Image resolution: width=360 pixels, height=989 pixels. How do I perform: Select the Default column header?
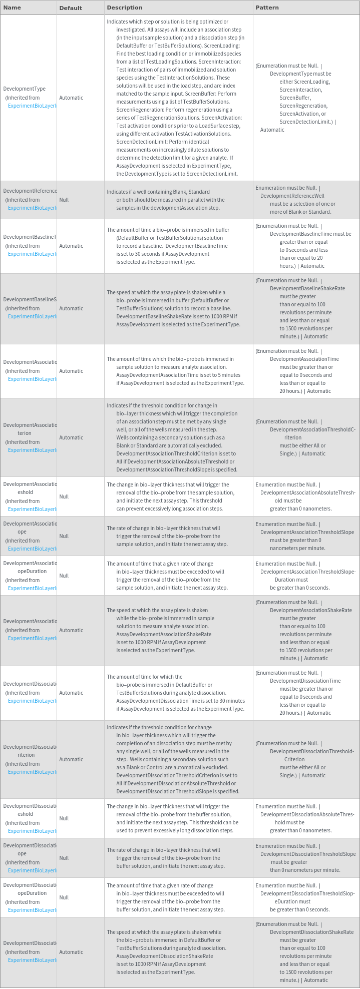pos(71,8)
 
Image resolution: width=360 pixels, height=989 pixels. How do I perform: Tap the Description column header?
pos(124,8)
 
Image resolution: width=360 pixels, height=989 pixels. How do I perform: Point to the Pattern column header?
pos(267,8)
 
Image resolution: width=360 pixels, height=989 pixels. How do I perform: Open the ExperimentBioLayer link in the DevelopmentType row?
pos(31,106)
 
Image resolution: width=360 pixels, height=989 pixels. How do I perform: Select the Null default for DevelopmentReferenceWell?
pos(64,200)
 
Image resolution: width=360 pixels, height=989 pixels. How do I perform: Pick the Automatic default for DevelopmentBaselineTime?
pos(71,246)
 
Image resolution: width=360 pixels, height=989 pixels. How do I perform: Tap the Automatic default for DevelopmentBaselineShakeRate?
pos(71,308)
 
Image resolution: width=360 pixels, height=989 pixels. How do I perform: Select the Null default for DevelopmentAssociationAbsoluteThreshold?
pos(64,497)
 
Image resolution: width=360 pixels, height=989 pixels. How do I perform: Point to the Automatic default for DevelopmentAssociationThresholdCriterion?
pos(71,437)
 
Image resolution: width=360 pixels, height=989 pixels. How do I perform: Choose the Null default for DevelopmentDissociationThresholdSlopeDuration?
pos(64,897)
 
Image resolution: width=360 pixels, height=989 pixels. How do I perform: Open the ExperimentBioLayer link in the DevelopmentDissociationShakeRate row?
pos(31,960)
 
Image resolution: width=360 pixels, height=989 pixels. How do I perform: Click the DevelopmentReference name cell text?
pos(30,191)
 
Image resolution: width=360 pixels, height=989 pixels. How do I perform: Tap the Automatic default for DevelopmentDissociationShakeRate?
pos(71,952)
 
